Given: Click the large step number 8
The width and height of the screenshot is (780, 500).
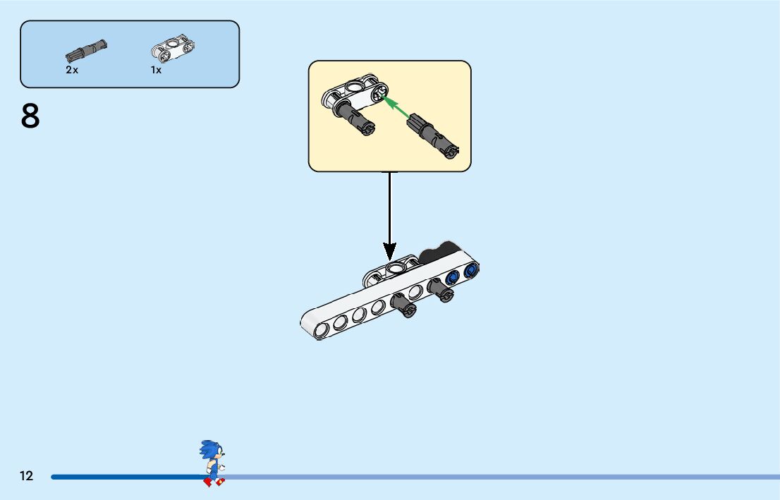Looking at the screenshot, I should point(30,117).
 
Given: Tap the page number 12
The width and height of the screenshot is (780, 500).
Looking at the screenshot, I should point(26,476).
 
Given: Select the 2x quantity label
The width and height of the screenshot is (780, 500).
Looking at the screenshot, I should point(72,70).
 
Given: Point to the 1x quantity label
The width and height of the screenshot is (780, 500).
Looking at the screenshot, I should point(156,70).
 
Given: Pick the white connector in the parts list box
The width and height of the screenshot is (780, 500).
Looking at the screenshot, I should point(173,49).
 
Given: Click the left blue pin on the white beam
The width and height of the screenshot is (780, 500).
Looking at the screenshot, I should point(452,276).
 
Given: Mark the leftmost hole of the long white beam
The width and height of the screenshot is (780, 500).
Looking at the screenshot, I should point(322,329).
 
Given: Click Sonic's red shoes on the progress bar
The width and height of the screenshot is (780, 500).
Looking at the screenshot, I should point(214,482).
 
